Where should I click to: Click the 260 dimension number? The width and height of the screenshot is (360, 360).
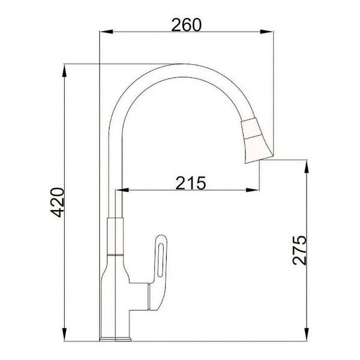coord(186,25)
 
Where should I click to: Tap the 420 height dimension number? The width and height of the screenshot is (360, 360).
coord(56,204)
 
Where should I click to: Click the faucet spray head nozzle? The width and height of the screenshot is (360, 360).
coord(255,140)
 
